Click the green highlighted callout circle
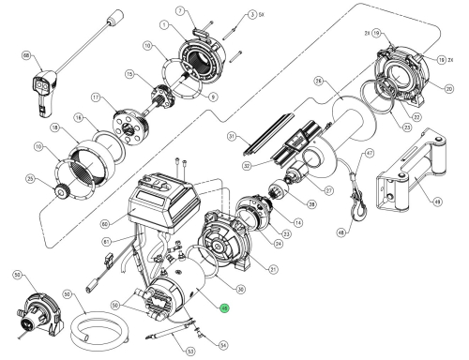pyautogui.click(x=223, y=307)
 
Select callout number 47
pyautogui.click(x=370, y=154)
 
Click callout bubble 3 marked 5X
pyautogui.click(x=226, y=16)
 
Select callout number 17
pyautogui.click(x=96, y=96)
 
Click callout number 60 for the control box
pyautogui.click(x=105, y=223)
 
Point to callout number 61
pyautogui.click(x=106, y=240)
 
